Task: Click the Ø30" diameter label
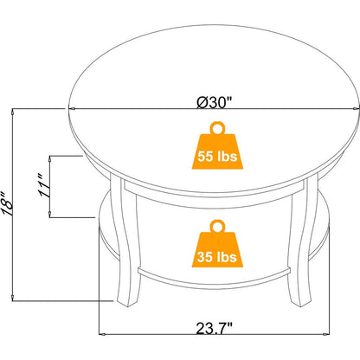pos(215,102)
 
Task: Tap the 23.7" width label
pos(215,328)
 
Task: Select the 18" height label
pos(7,204)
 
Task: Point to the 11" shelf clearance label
pos(44,186)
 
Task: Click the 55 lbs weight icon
pos(217,145)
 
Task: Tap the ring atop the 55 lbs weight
pos(217,128)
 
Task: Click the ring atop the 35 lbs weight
pos(217,226)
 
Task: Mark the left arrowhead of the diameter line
pos(72,109)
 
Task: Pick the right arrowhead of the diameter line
pos(357,109)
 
